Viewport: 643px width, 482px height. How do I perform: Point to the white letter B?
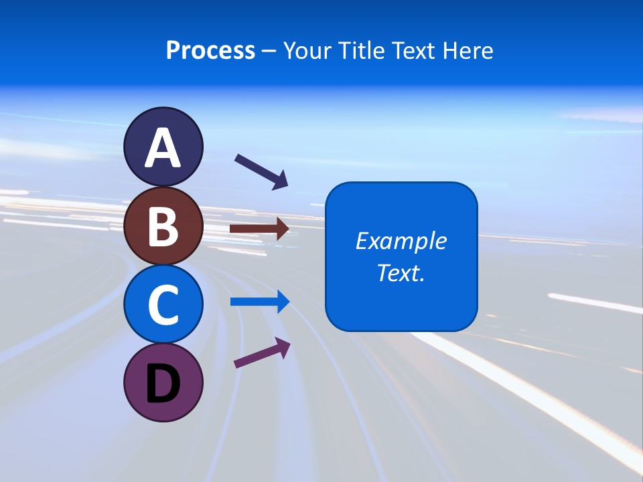163,227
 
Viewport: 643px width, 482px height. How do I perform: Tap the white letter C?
163,305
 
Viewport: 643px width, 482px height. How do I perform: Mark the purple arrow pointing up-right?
262,353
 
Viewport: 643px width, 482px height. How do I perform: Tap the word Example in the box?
401,241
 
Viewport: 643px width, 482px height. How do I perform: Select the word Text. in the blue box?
401,273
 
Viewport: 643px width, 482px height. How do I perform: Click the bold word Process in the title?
210,50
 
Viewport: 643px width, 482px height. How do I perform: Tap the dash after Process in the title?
269,51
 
